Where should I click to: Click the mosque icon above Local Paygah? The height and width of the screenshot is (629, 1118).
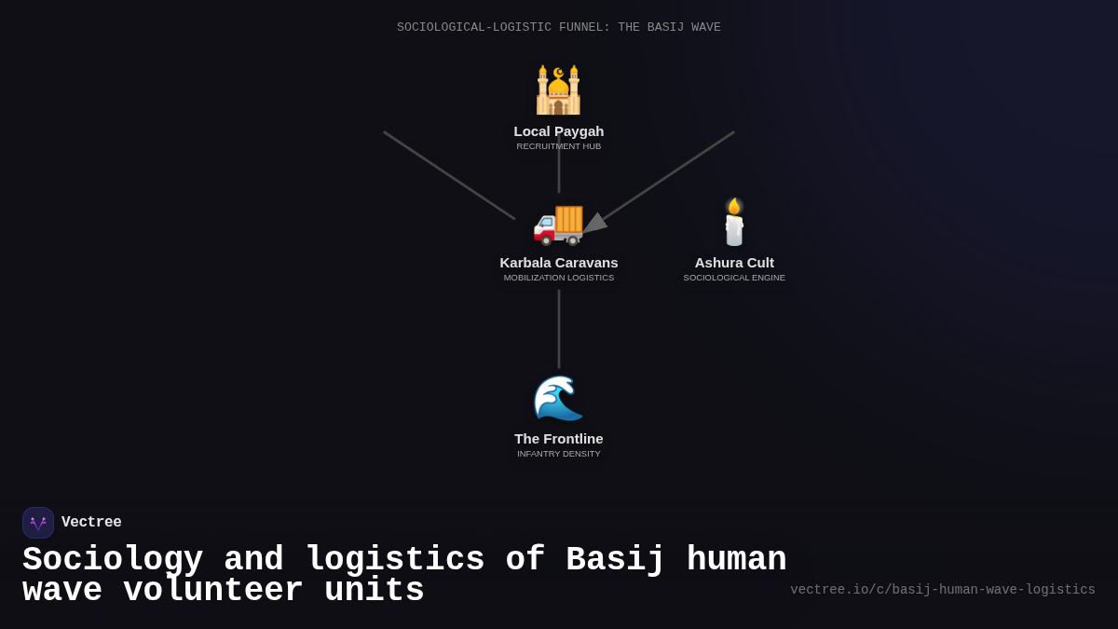pos(558,90)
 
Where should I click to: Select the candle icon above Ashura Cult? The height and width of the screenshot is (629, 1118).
pos(734,222)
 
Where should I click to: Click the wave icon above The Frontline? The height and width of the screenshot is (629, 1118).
pos(558,398)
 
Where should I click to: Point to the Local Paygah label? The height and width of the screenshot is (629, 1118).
pos(559,131)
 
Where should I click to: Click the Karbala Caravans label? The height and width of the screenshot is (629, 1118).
pos(559,263)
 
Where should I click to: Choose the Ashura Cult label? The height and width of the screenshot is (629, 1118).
pos(734,263)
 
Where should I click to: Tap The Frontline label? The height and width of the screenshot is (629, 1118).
pos(559,439)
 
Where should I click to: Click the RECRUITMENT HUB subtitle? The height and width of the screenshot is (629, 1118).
pos(559,146)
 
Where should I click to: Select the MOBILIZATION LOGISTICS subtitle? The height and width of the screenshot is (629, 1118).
pos(559,278)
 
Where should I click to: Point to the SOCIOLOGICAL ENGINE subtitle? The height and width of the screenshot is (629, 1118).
pos(734,278)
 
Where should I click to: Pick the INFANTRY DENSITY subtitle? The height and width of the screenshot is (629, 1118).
pos(559,454)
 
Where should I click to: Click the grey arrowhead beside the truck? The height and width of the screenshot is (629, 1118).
pos(594,224)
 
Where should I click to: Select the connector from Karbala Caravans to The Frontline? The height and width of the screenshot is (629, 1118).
pos(559,328)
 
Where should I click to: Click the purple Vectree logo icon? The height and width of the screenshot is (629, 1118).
pos(38,523)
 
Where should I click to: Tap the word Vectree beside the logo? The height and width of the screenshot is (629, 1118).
pos(91,523)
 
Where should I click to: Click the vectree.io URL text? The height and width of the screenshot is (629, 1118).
pos(943,590)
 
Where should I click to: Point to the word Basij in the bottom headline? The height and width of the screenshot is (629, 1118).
pos(616,560)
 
